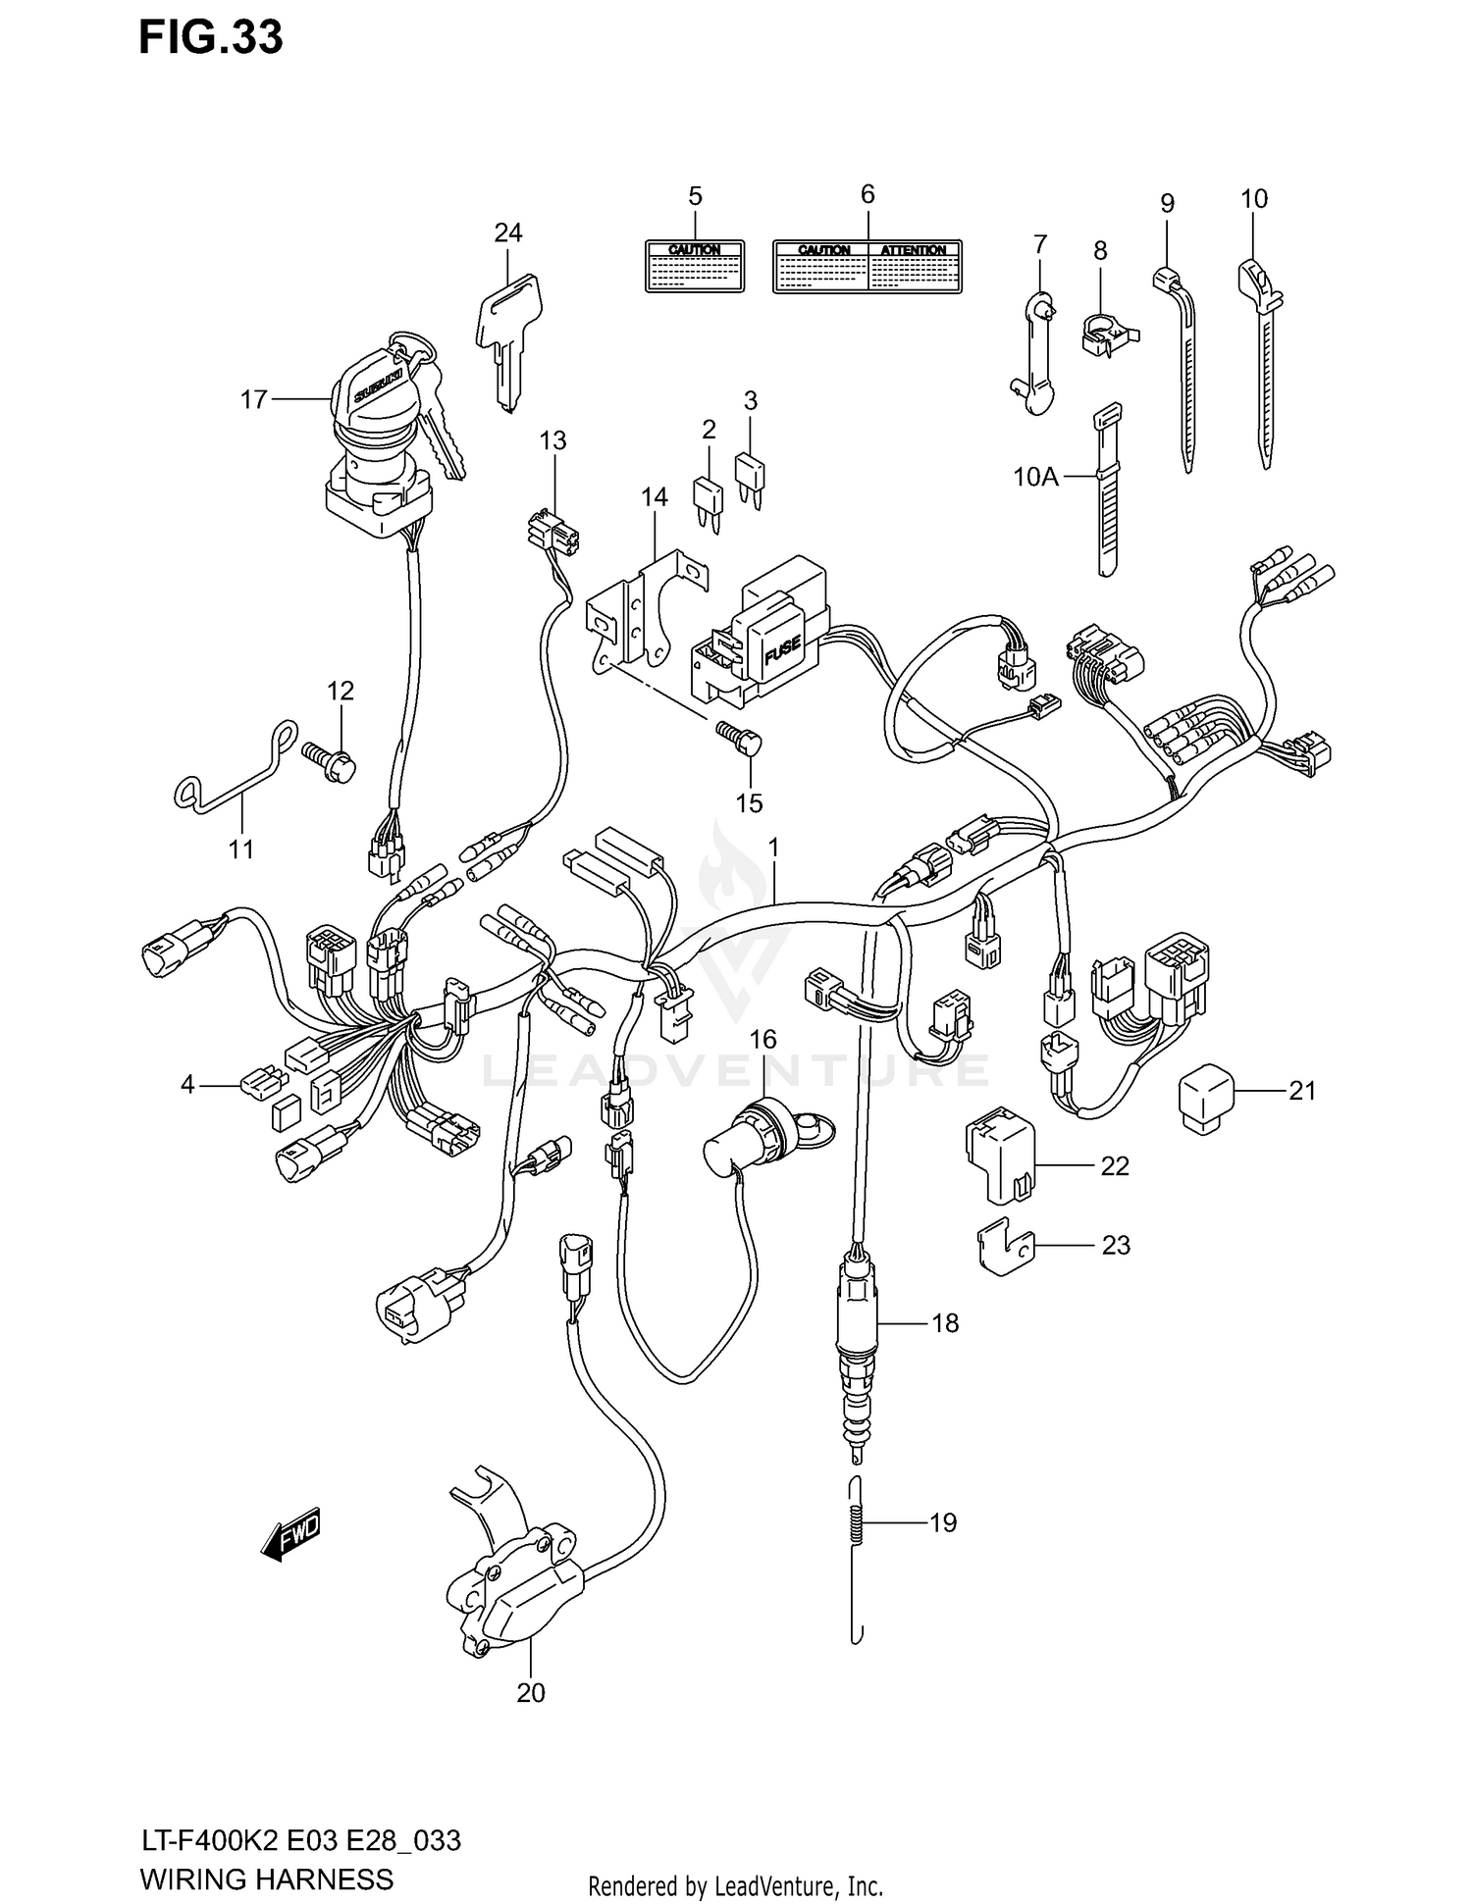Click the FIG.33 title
coord(210,38)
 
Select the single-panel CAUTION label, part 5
coord(694,266)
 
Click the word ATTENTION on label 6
coord(913,250)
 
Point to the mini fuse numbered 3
coord(751,476)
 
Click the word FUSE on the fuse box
coord(781,647)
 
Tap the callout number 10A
coord(1035,478)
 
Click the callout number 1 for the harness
coord(773,847)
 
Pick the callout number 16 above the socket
coord(762,1039)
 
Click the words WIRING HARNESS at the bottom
coord(266,1878)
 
